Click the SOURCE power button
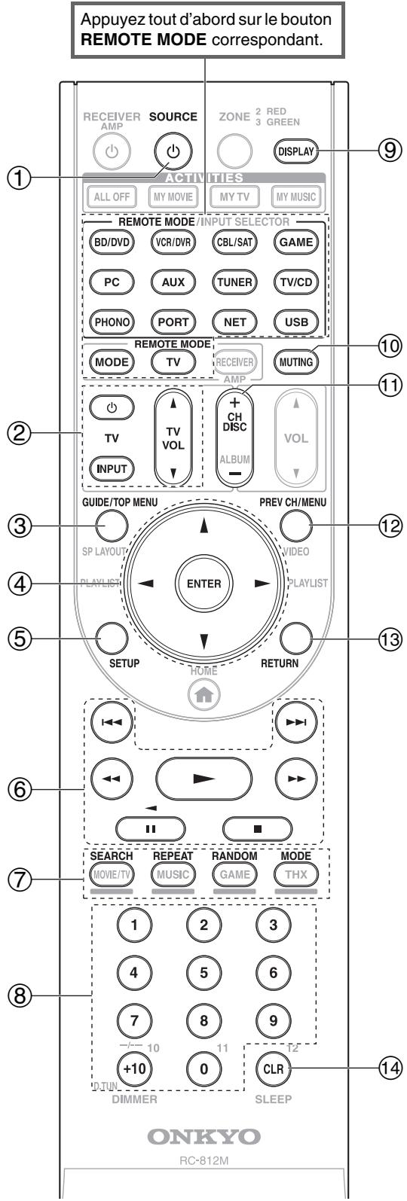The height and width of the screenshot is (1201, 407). point(173,152)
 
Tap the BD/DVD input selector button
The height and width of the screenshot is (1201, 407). point(112,242)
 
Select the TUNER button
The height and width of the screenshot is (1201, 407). point(234,282)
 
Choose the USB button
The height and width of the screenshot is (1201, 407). point(296,322)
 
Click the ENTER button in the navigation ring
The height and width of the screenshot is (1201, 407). point(203,584)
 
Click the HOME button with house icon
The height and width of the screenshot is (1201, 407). point(203,695)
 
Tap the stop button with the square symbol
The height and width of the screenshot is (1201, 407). point(258,828)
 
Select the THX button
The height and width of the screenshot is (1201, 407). point(296,874)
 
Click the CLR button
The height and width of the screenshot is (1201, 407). point(274,1068)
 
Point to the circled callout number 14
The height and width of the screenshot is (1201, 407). point(390,1068)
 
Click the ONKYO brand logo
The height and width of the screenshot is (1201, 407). point(203,1136)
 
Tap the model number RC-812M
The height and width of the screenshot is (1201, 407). point(203,1161)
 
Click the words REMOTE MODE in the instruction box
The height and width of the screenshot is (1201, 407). point(143,40)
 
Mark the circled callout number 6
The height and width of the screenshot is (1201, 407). point(20,788)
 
